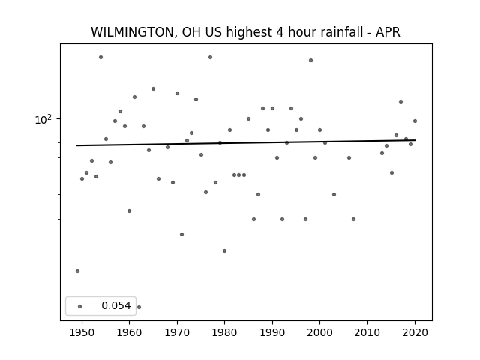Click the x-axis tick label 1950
tap(82, 332)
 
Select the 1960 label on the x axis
tap(129, 332)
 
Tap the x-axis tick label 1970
tap(177, 332)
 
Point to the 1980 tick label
tap(224, 332)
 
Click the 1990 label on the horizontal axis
tap(272, 332)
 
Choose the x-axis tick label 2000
tap(319, 332)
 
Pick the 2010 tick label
tap(367, 332)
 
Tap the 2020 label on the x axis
tap(415, 332)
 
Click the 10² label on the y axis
tap(43, 120)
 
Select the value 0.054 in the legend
tap(116, 305)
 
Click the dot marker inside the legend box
tap(80, 306)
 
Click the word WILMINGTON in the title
tap(133, 32)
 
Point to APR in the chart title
tap(388, 32)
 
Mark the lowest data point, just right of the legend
tap(139, 307)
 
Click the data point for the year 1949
tap(77, 271)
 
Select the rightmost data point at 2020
tap(415, 121)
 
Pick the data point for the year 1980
tap(224, 251)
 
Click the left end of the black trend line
tap(76, 145)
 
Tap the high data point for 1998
tap(310, 61)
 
